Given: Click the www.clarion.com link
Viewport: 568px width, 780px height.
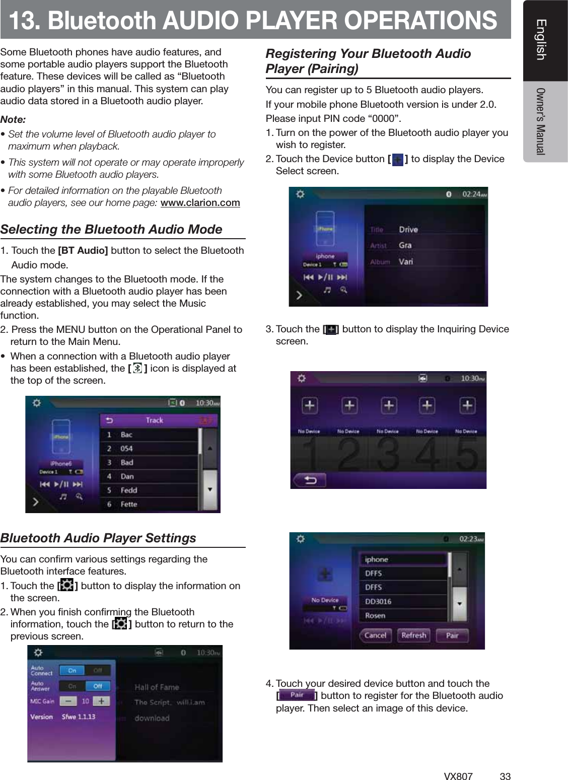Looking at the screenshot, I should point(200,203).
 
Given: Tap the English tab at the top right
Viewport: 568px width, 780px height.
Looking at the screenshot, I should point(541,40).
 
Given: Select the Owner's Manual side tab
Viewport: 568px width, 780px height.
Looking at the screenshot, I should point(541,121).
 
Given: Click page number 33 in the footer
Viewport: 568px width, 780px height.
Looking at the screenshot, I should point(505,776).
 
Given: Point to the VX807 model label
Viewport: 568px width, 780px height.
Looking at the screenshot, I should point(458,776).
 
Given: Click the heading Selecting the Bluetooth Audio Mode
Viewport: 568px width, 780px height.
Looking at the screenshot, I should point(111,229).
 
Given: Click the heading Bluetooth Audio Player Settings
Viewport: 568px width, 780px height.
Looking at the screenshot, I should point(98,538).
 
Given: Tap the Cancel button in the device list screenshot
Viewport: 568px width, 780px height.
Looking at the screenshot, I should point(375,635).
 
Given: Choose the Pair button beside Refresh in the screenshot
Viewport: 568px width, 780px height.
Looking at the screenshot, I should point(452,635).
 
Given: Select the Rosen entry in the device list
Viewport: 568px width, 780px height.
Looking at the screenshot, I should point(375,615).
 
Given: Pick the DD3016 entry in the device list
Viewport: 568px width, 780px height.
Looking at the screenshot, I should point(378,601).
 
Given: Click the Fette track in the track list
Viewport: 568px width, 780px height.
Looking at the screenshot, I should point(129,504).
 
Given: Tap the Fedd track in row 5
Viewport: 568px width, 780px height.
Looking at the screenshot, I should point(129,490).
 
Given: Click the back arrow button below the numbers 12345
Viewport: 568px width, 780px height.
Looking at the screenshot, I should point(310,480).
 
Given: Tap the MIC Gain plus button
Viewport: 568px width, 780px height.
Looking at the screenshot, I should point(101,701).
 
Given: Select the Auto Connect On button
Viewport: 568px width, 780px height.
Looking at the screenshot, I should point(72,671).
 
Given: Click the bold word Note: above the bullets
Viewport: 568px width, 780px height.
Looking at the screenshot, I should point(13,120).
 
